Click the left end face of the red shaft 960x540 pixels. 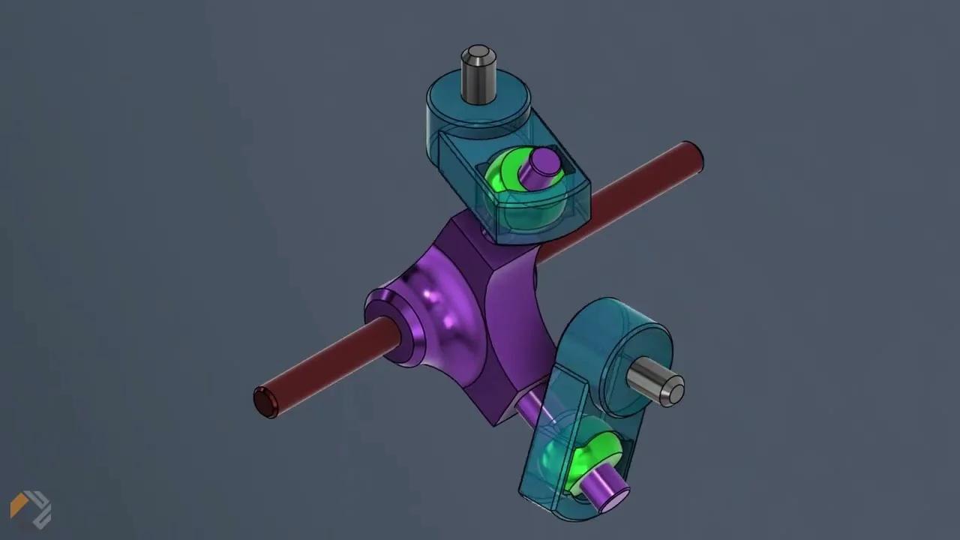[265, 402]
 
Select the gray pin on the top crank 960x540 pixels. [478, 76]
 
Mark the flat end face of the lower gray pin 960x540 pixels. [675, 390]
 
